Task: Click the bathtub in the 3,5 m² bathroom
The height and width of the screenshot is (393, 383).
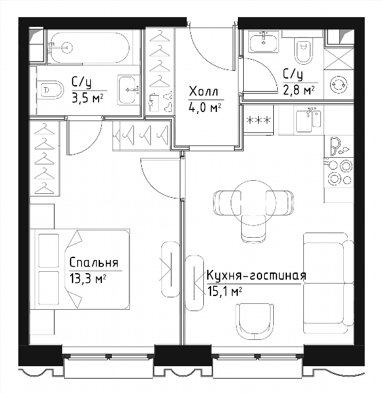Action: [90, 47]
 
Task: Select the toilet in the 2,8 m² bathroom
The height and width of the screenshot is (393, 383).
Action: [303, 52]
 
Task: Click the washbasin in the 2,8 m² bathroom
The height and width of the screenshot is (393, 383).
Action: [264, 42]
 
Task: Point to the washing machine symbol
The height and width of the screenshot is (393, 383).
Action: [339, 84]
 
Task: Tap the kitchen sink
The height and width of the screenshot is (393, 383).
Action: [308, 121]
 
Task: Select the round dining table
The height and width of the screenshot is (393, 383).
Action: [253, 202]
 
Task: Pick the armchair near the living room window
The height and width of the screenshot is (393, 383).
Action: [255, 322]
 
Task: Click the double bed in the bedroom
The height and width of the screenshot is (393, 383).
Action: [80, 269]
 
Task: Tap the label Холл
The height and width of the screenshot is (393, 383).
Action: [204, 92]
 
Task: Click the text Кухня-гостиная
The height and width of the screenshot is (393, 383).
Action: [256, 276]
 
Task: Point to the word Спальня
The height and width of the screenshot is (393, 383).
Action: [93, 263]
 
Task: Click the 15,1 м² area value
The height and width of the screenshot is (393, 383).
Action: [224, 291]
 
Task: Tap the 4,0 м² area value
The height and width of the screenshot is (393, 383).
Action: [205, 108]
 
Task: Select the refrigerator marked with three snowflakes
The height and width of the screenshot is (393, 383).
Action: [258, 120]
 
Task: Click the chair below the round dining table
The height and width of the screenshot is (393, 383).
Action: [254, 229]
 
